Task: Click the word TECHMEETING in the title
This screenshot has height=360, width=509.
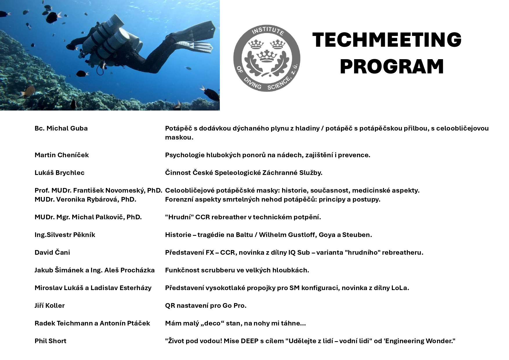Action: tap(387, 40)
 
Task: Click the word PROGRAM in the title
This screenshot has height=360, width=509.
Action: tap(392, 67)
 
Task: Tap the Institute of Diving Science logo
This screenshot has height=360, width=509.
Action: tap(267, 58)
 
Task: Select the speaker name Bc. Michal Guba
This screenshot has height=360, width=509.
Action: tap(61, 128)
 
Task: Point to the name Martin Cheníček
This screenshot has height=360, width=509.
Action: tap(61, 155)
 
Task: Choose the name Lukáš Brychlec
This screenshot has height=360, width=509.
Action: tap(59, 173)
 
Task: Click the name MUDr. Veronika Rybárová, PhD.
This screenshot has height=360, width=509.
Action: tap(85, 199)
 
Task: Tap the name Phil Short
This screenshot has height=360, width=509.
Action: tap(50, 341)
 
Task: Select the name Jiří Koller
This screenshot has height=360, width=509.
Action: tap(50, 305)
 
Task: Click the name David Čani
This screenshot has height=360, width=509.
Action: tap(52, 252)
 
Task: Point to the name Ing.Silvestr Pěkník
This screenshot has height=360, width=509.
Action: tap(65, 235)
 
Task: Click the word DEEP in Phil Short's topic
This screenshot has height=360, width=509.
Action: tap(249, 341)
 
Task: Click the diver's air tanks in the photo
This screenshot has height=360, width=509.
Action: tap(107, 38)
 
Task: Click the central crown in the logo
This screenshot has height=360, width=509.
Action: tap(267, 56)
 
